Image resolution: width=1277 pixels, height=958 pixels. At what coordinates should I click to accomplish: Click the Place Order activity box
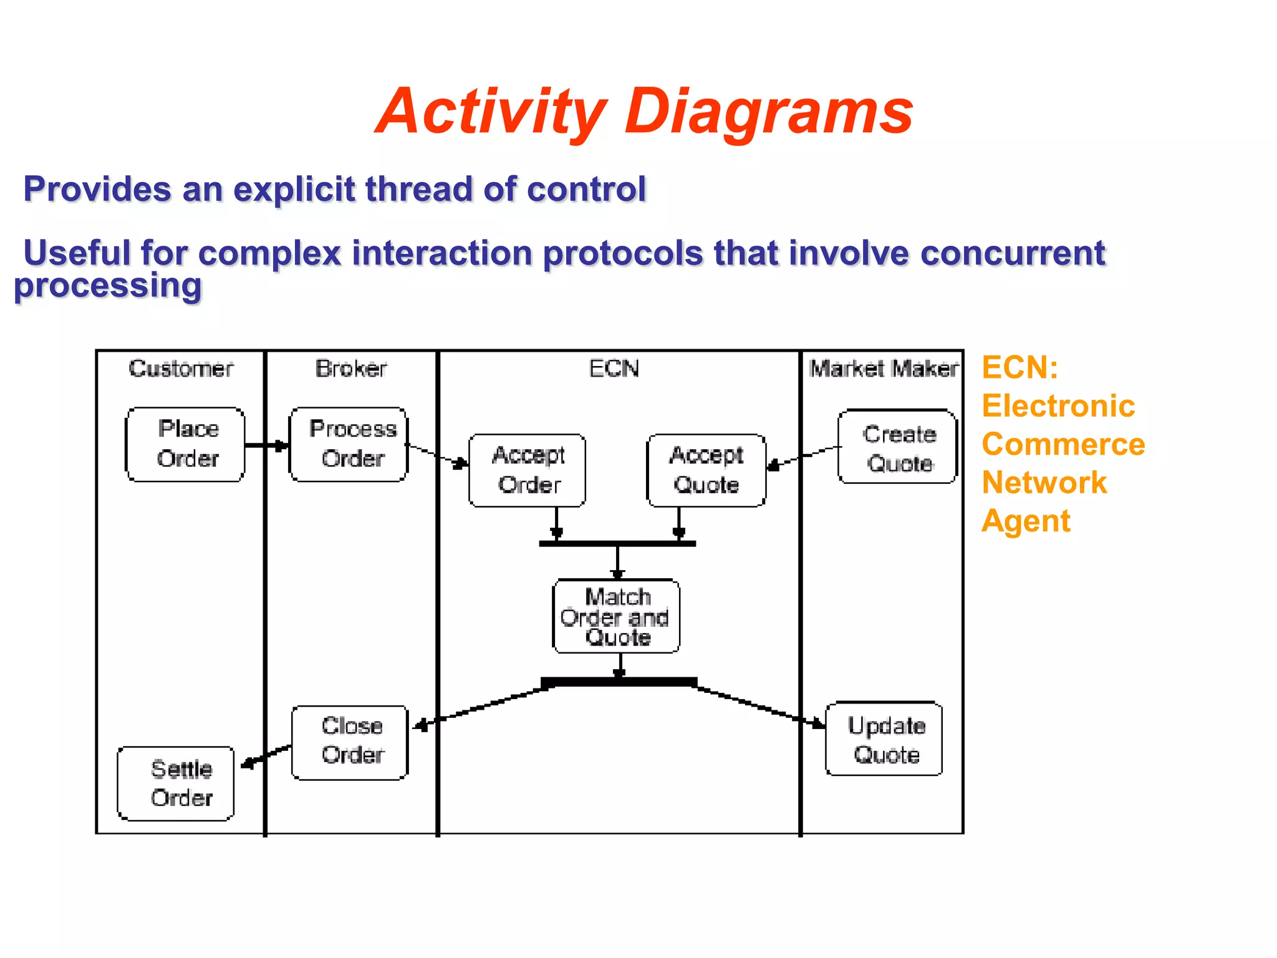185,444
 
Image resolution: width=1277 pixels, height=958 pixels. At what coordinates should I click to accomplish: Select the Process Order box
349,444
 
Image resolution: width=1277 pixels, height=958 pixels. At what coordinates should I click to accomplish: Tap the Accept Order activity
528,470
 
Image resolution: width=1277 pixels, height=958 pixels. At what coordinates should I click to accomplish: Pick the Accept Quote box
706,470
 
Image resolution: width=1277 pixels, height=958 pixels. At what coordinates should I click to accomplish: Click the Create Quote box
897,447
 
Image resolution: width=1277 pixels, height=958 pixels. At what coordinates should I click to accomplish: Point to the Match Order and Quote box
617,616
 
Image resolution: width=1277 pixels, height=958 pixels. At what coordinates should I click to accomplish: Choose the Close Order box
350,742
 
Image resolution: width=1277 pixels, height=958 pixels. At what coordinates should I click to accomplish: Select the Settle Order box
176,783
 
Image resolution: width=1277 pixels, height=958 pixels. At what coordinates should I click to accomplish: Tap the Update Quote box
884,739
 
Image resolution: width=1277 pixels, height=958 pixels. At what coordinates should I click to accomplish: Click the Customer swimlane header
181,369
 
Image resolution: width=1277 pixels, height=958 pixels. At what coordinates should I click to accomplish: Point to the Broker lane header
351,369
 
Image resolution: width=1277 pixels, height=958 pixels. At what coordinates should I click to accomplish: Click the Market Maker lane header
883,369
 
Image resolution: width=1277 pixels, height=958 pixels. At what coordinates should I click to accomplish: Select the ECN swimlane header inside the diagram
614,369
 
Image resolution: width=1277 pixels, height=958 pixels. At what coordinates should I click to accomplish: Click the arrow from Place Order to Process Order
267,445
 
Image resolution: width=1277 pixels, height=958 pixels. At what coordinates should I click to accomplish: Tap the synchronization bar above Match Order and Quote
617,544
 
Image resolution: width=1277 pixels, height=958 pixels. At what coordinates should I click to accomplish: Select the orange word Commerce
1063,444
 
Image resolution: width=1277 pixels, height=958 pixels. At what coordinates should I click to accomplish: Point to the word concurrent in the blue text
1012,253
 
